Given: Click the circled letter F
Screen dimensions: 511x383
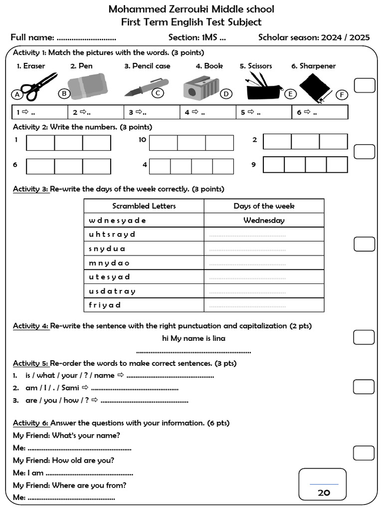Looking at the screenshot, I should (342, 95).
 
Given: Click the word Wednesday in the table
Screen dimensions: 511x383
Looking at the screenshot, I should (264, 220).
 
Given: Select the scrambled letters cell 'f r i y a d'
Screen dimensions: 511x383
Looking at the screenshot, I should (105, 305).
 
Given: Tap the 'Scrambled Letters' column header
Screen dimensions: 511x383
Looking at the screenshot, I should (144, 206).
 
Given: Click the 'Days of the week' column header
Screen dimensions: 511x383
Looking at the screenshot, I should (264, 206).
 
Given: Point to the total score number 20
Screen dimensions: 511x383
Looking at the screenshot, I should (324, 493).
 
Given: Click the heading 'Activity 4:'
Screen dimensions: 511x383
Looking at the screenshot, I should (31, 326).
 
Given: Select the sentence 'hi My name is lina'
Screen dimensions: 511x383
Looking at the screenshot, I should (193, 338).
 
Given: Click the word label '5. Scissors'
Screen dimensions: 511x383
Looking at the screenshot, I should (256, 66).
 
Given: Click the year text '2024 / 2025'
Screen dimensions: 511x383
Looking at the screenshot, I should (345, 37).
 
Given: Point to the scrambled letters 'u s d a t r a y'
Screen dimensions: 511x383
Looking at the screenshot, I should (112, 291).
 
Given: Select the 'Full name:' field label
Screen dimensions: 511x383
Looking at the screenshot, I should (32, 37).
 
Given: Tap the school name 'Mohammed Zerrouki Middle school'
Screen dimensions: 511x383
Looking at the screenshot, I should (191, 9).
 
